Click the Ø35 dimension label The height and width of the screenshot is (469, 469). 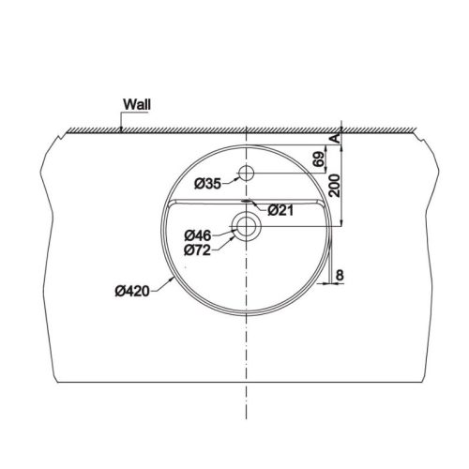coord(208,184)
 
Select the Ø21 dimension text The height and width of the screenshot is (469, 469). coord(282,209)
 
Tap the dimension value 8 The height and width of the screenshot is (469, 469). coord(339,274)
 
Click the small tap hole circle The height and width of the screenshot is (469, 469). coord(247,173)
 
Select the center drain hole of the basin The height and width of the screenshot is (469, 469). coord(247,225)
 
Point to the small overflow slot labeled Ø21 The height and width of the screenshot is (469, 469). coord(247,201)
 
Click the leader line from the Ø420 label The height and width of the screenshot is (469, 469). coord(161,287)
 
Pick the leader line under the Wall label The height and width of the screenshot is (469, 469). coord(122,120)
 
